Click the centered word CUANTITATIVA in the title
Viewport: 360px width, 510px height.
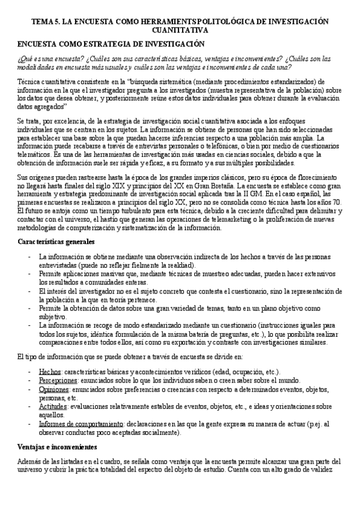pos(180,29)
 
